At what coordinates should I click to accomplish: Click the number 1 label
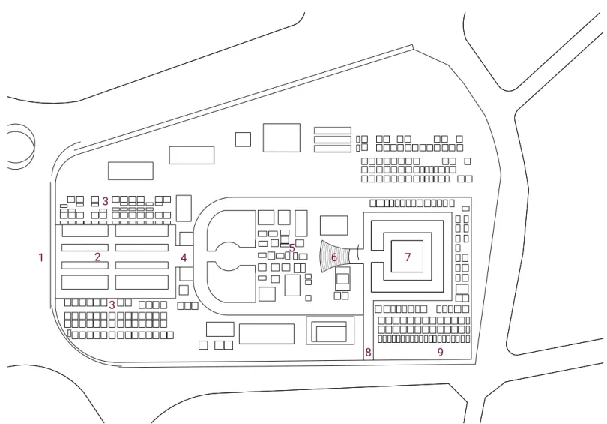tap(40, 257)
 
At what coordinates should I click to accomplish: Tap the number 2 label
tap(97, 257)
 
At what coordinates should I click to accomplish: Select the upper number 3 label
tap(106, 201)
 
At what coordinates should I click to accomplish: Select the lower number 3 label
tap(112, 305)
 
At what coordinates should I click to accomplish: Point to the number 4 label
tap(184, 257)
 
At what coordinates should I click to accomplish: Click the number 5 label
tap(292, 248)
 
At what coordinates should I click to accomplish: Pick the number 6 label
tap(333, 257)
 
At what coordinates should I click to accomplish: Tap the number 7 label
tap(407, 257)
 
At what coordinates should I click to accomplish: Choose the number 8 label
tap(368, 352)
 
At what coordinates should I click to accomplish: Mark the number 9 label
tap(440, 352)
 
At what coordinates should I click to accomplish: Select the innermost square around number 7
tap(407, 256)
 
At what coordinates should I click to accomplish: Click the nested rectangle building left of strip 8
tap(330, 331)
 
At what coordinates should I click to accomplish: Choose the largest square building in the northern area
tap(282, 137)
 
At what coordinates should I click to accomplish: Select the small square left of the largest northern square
tap(243, 140)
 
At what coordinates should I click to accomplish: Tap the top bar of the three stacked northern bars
tap(333, 131)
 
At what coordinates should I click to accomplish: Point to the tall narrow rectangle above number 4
tap(184, 208)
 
